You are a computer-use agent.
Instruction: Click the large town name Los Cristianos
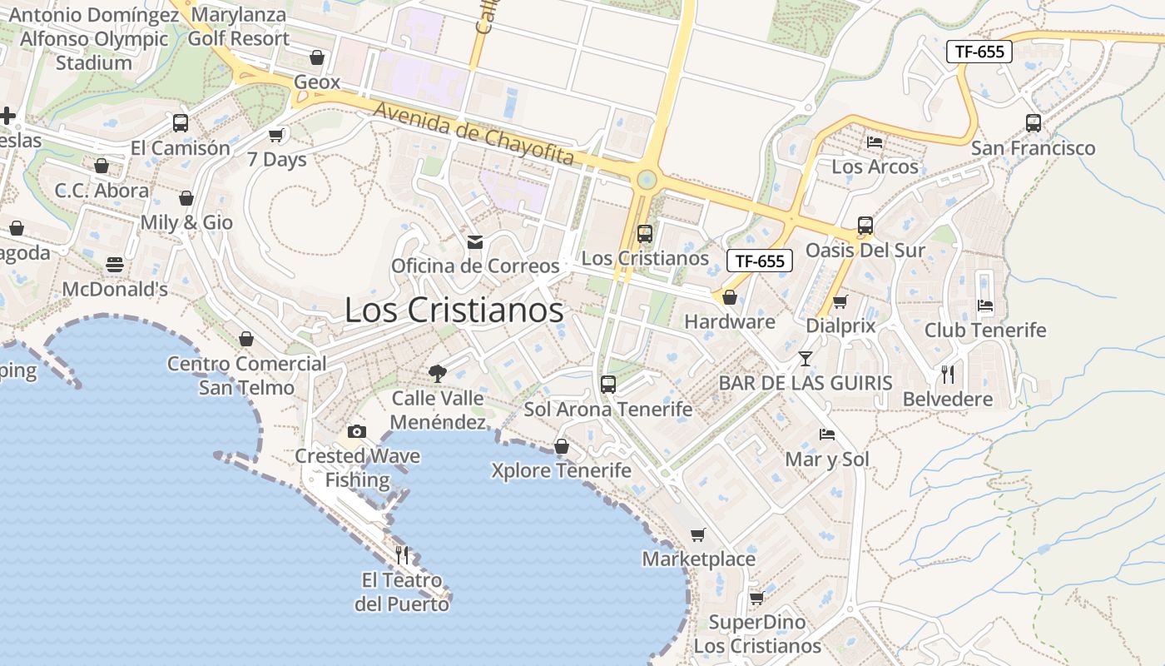tap(454, 311)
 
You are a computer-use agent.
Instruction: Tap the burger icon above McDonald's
tap(115, 266)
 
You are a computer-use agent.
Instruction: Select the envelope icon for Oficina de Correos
tap(475, 242)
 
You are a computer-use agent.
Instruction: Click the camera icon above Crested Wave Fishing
tap(357, 431)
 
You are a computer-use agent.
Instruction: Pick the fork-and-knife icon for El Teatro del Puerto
tap(403, 554)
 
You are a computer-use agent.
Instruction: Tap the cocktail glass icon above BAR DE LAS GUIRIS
tap(805, 359)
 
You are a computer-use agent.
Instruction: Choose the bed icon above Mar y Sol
tap(827, 435)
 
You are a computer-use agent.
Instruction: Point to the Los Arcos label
tap(875, 166)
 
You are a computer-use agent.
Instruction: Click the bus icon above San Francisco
tap(1034, 123)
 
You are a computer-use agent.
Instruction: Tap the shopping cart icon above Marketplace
tap(698, 534)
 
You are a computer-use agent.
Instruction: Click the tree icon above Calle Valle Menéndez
tap(437, 374)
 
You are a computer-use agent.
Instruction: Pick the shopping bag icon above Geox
tap(316, 57)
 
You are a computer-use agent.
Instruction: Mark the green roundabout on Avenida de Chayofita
tap(647, 180)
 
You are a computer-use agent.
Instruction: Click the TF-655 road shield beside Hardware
tap(760, 261)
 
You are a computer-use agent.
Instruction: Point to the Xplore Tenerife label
tap(561, 470)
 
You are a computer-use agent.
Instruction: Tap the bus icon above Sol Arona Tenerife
tap(608, 385)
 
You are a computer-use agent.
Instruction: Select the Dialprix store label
tap(840, 326)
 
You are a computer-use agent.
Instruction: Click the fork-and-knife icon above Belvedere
tap(948, 375)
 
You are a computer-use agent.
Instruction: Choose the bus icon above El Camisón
tap(181, 123)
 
